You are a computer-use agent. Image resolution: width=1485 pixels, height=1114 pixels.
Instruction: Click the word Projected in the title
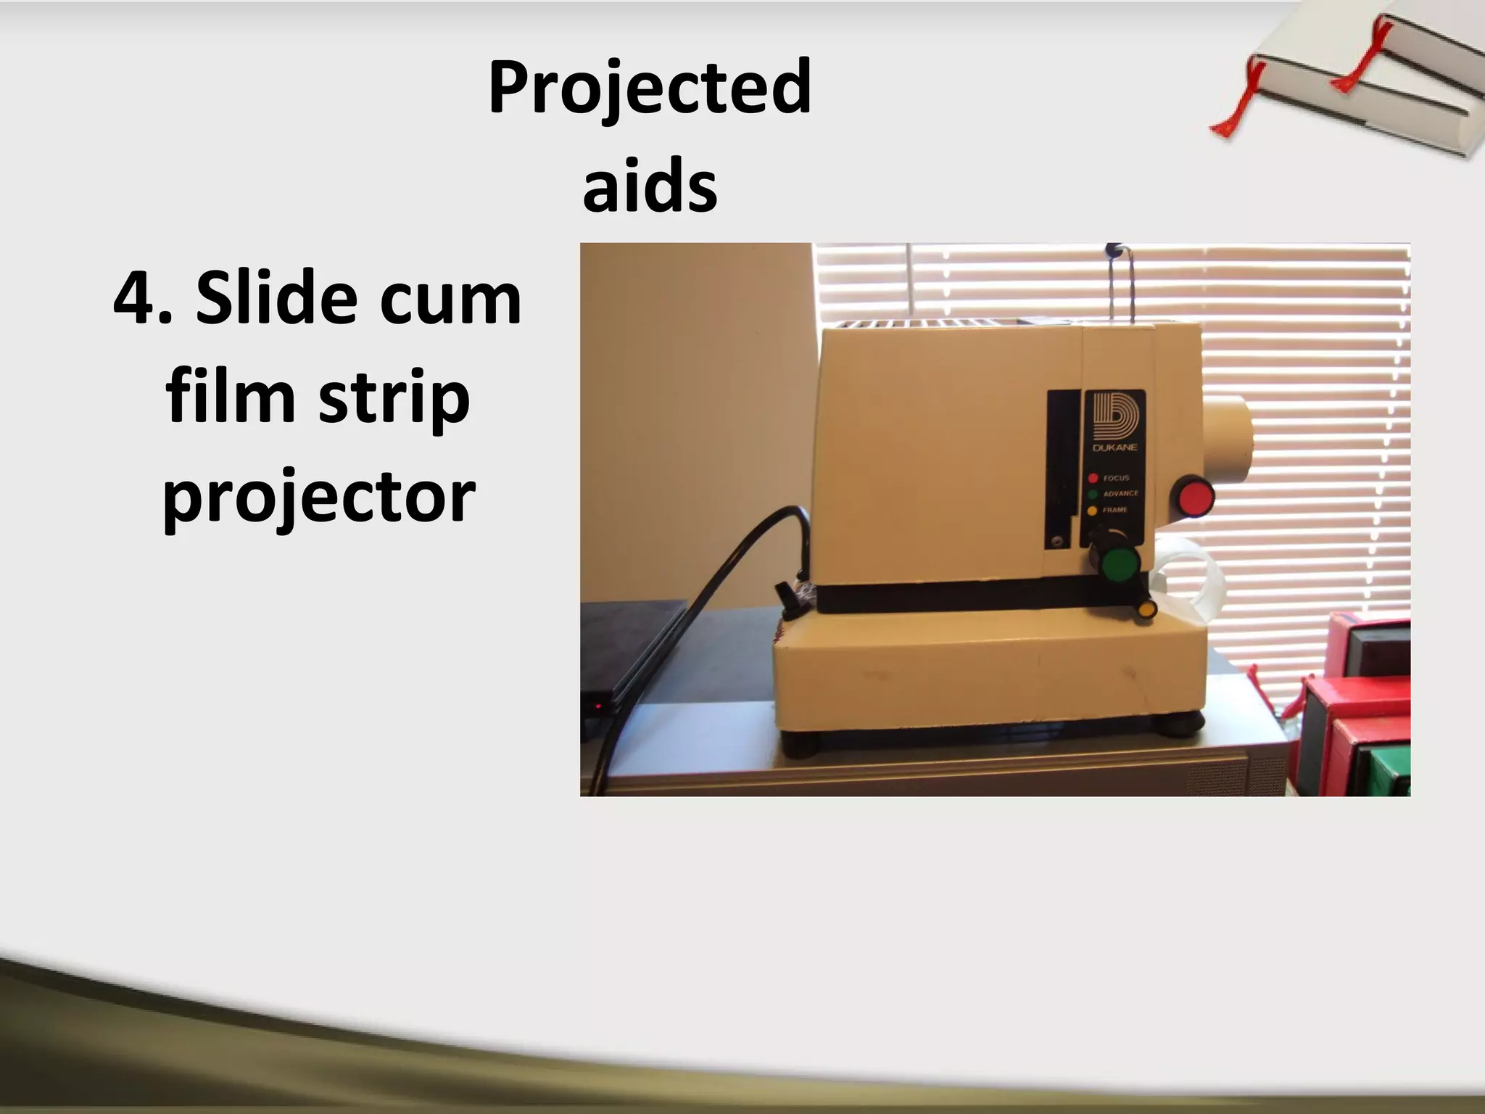650,88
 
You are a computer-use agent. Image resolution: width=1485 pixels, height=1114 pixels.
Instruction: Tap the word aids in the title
650,187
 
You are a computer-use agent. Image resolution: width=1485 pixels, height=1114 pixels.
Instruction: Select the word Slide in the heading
275,298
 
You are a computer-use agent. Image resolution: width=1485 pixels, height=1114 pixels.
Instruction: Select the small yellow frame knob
1146,608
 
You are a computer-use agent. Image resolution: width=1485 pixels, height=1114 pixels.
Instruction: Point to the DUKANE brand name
1114,447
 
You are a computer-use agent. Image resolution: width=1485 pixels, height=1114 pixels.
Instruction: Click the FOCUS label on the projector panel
1117,478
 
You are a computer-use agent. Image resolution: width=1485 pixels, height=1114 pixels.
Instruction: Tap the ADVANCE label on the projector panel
1120,494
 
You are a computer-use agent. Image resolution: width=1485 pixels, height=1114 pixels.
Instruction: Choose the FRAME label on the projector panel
1115,510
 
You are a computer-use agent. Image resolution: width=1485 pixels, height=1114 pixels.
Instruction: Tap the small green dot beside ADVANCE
1093,494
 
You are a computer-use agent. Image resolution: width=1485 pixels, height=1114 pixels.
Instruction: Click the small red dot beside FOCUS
1093,478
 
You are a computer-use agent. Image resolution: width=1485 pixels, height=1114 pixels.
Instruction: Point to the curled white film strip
1189,573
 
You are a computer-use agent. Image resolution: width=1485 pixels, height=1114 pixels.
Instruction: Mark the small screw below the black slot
1056,540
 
